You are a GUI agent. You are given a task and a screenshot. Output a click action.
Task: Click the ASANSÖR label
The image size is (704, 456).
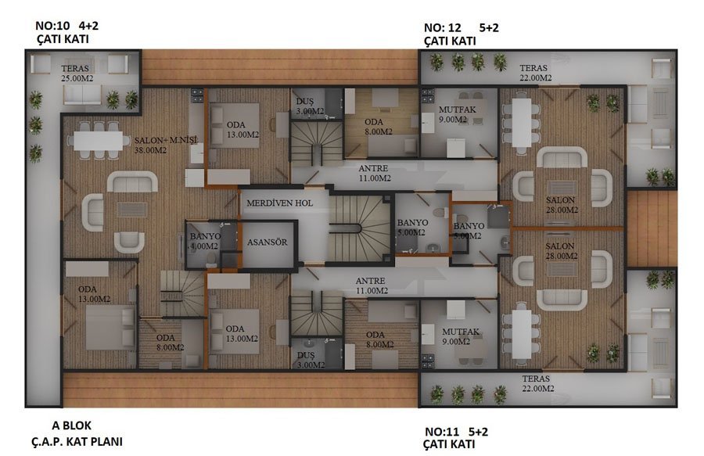click(268, 242)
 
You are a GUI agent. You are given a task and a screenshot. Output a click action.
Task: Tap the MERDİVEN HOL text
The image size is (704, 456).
click(280, 203)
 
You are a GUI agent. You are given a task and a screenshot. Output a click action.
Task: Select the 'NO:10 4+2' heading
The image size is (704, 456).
click(67, 26)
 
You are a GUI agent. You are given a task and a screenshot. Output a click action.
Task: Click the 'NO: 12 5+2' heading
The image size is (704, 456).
click(461, 28)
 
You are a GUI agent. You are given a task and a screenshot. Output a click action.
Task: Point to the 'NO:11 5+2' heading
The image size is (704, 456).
click(456, 432)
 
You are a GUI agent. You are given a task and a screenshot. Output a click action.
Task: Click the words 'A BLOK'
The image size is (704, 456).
click(71, 425)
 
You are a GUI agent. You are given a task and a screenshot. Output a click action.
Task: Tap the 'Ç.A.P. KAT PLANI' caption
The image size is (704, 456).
click(77, 442)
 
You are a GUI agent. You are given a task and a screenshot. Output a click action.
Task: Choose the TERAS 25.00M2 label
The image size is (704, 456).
click(77, 74)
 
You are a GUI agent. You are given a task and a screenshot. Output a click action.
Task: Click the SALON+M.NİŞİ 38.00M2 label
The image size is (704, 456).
click(166, 145)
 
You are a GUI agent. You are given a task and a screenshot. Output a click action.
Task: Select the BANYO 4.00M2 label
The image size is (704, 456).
click(205, 241)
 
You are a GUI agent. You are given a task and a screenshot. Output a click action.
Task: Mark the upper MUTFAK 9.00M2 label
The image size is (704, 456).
click(457, 114)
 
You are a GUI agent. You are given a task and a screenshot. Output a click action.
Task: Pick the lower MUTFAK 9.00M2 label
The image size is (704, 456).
click(460, 336)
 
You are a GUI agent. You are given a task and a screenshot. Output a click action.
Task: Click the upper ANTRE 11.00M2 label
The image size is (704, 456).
click(374, 173)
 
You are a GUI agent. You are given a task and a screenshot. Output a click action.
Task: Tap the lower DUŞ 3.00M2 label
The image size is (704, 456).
click(311, 360)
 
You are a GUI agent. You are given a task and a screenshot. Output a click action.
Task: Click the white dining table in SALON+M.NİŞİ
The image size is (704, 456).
click(99, 141)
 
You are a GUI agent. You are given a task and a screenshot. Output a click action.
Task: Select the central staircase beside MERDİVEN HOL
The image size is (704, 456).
click(359, 228)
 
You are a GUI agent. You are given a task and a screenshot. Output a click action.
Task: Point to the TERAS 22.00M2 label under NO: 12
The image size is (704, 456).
click(535, 73)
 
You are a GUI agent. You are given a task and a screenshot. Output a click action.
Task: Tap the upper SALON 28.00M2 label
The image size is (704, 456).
click(562, 205)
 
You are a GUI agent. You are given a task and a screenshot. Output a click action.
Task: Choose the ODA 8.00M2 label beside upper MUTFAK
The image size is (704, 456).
click(379, 127)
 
